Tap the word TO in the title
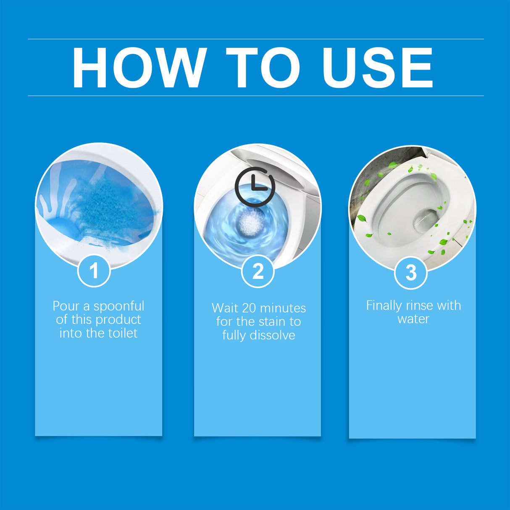pos(263,68)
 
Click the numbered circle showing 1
pos(94,271)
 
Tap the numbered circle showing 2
pos(258,271)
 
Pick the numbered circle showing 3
pos(411,273)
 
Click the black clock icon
pos(255,187)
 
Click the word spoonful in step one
pos(119,306)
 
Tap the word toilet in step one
pos(123,333)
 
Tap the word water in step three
pos(413,319)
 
